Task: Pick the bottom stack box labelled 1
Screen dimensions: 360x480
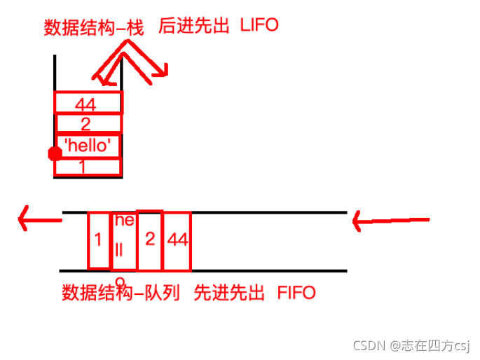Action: click(x=88, y=167)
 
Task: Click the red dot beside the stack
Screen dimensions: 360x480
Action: click(x=54, y=154)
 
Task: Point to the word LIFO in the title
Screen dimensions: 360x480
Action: click(x=259, y=25)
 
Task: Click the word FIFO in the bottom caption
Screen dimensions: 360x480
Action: click(x=296, y=291)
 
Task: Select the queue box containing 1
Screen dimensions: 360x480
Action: click(x=99, y=240)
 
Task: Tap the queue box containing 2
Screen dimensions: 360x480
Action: click(x=149, y=239)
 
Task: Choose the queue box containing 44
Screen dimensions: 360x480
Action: click(x=177, y=240)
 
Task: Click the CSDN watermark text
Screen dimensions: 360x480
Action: click(x=411, y=345)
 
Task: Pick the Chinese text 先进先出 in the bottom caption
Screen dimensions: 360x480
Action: click(x=229, y=291)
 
